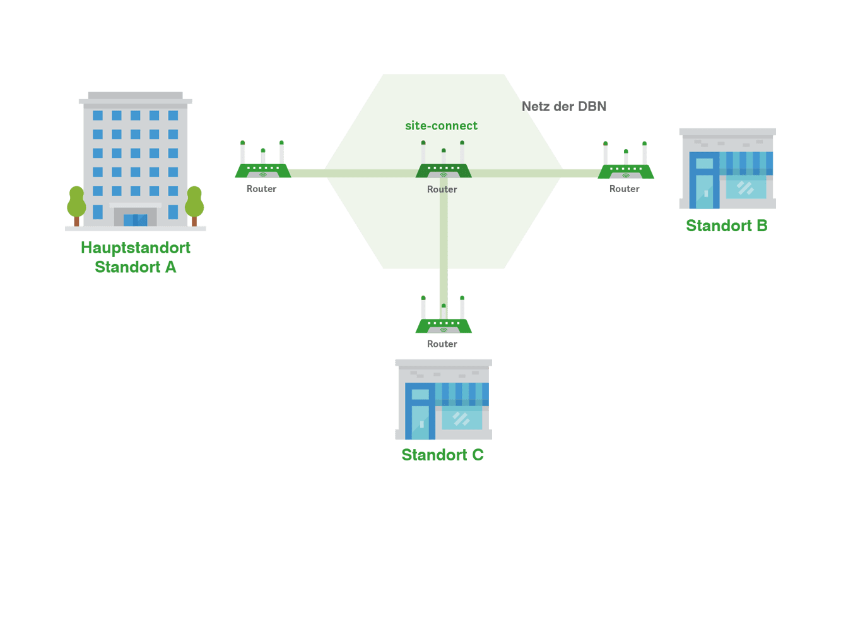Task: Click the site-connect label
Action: click(441, 126)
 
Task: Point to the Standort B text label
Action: click(726, 225)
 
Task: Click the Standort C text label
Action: click(442, 455)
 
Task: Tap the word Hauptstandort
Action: click(136, 248)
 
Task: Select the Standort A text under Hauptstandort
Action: click(136, 267)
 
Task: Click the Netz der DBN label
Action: click(564, 106)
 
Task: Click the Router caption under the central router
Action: click(442, 189)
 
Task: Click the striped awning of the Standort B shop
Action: click(746, 163)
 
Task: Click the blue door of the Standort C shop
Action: click(420, 419)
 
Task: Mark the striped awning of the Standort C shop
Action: click(462, 394)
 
